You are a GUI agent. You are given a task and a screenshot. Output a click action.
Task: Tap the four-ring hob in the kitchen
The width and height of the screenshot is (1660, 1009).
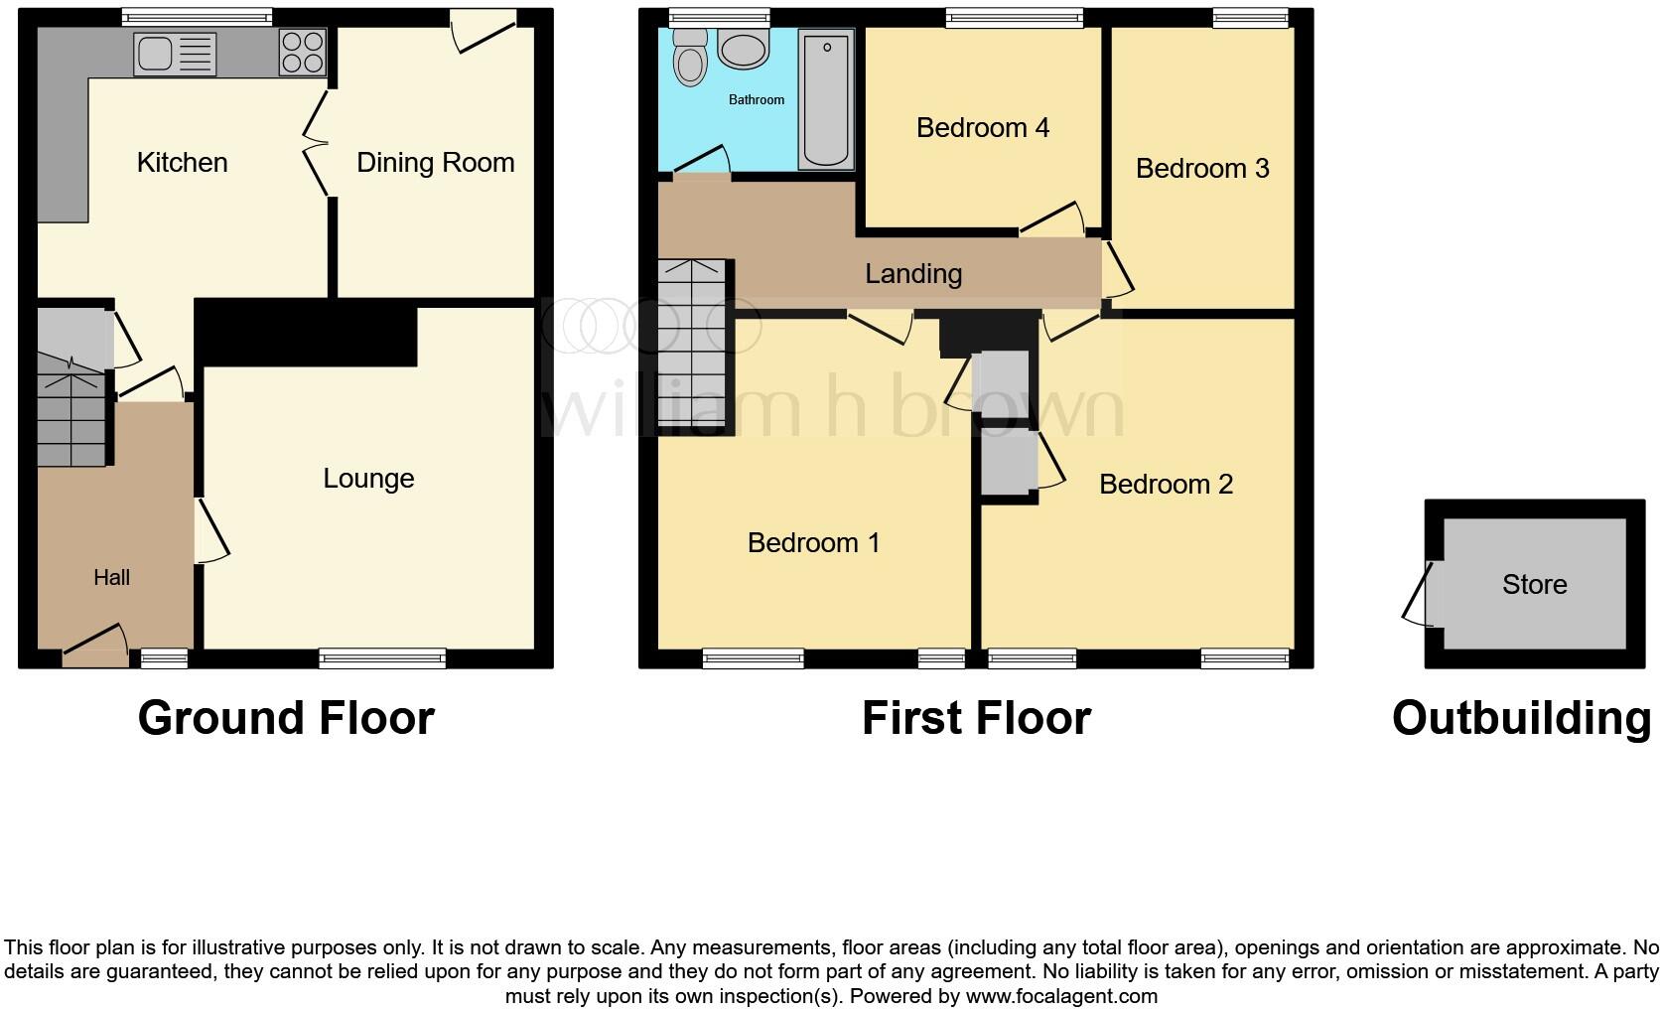(303, 52)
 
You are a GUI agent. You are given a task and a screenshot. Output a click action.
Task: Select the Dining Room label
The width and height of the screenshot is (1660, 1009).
(435, 163)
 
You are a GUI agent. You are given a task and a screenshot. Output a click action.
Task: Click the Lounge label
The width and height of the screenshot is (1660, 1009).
(368, 479)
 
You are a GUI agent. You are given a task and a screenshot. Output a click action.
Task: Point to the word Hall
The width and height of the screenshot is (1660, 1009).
(111, 578)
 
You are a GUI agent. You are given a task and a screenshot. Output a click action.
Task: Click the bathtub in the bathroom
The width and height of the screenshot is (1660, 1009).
(826, 99)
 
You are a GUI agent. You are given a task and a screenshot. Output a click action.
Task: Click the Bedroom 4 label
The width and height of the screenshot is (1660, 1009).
(982, 128)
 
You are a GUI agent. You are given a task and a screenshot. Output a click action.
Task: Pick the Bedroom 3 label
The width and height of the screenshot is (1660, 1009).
(1201, 169)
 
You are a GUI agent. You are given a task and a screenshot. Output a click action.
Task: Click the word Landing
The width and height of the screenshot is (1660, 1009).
(912, 274)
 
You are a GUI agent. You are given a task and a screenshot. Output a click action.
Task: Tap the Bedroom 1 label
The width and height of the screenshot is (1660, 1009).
(813, 543)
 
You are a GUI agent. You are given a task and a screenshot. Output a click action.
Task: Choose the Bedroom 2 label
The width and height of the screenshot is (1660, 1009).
(1166, 485)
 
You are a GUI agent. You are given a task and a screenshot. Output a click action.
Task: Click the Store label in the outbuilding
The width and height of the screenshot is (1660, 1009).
(1534, 585)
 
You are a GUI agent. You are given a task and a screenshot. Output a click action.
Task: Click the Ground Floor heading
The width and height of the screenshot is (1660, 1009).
(286, 718)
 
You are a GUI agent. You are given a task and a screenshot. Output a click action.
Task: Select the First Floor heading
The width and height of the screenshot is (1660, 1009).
(976, 718)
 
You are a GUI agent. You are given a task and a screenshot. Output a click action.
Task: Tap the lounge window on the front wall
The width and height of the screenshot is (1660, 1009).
(382, 657)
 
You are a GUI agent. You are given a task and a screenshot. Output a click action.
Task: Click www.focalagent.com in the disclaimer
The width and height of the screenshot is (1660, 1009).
(1061, 996)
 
